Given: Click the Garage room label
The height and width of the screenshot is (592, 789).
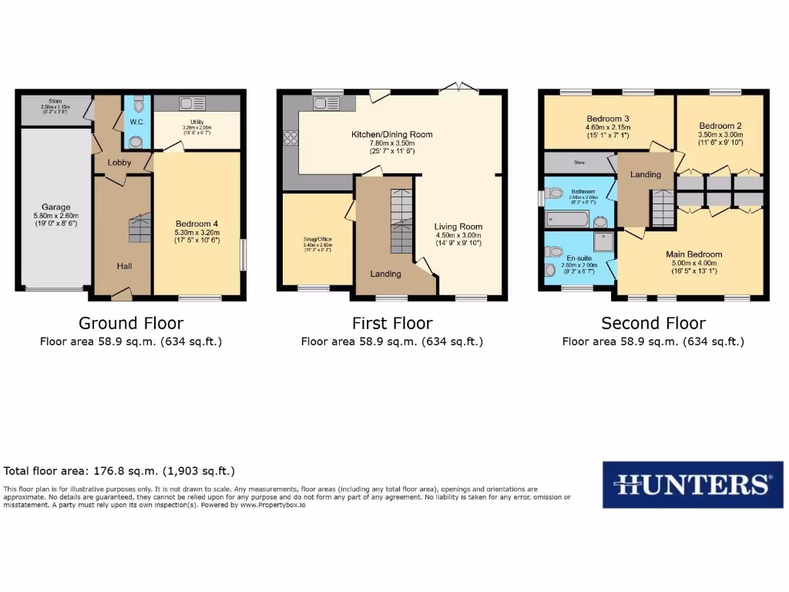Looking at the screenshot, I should pos(56,207).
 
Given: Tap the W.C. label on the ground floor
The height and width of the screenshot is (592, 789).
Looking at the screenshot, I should pos(136,122).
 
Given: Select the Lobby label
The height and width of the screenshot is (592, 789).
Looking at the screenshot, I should pos(119,163).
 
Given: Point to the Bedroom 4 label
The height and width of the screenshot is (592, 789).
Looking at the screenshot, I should pos(197,224).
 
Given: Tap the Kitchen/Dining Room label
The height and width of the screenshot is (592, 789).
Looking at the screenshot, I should pos(392,134).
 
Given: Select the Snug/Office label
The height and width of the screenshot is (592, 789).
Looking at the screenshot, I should pos(316,239).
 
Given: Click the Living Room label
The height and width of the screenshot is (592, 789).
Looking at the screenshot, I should pos(458,227).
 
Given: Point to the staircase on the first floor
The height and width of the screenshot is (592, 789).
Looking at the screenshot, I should pos(401,220).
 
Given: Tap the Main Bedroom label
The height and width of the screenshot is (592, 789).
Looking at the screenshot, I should pos(693,254).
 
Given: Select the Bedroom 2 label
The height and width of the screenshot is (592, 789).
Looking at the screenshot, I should pos(720,126).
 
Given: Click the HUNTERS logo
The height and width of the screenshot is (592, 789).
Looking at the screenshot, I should pos(693,484).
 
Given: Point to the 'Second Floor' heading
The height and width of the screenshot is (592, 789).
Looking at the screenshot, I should pos(653,323).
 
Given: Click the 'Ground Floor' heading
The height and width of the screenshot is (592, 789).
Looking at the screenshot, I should pos(131,323).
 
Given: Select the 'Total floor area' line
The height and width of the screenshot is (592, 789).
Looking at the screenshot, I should pos(119,471).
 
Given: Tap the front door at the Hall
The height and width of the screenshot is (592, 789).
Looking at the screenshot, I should pos(121,294).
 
